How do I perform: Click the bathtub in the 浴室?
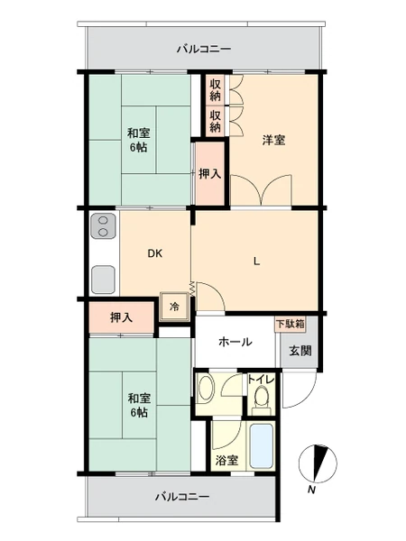[262, 445]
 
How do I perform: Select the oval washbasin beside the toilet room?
[207, 389]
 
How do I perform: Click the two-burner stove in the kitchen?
[103, 226]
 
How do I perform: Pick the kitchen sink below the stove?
[103, 280]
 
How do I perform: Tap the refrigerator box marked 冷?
[175, 307]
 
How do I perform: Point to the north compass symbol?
[318, 463]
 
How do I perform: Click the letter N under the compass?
[312, 490]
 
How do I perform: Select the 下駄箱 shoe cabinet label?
[291, 324]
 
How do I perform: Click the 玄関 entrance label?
[300, 351]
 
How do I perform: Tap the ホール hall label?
[235, 342]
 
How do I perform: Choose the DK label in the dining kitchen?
[155, 253]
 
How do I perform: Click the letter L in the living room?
[256, 261]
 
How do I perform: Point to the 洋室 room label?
[273, 141]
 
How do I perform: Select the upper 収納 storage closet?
[215, 89]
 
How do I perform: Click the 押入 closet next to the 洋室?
[210, 173]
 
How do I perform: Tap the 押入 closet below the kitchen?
[121, 317]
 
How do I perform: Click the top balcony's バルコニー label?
[204, 49]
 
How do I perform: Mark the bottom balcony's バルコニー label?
[182, 497]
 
